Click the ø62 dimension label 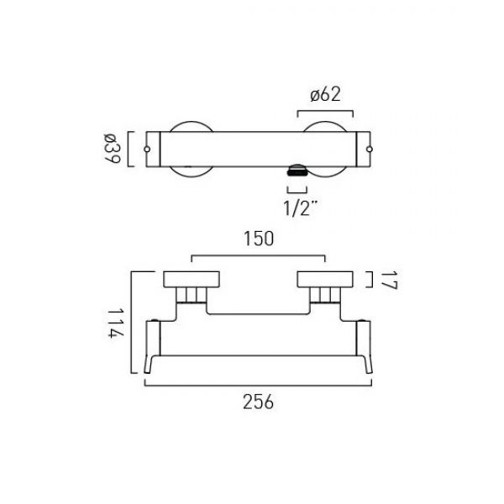325,95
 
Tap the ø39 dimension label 113,149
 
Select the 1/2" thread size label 301,207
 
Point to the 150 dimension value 259,239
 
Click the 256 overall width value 258,402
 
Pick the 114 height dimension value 115,323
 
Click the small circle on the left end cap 147,150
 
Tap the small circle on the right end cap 370,150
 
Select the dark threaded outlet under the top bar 297,171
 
